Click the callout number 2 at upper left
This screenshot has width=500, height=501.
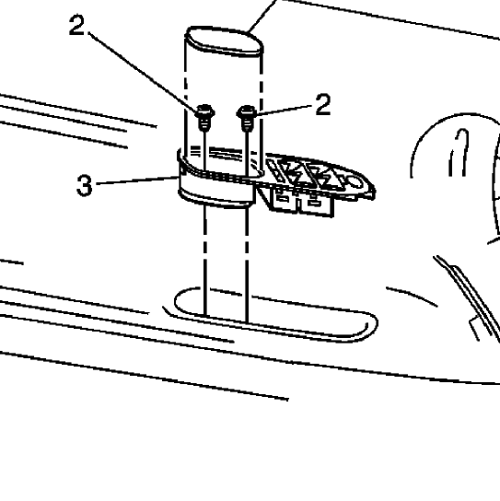pos(77,25)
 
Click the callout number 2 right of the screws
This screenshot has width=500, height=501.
pos(323,104)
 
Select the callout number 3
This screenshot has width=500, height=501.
pos(85,185)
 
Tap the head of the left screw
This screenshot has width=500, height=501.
pos(204,111)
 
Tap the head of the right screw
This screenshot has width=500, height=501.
pos(247,111)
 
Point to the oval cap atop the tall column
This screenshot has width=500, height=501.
pos(225,41)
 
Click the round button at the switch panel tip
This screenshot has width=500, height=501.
pos(355,182)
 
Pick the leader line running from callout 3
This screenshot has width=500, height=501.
pos(137,181)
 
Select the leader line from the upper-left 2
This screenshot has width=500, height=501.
pos(143,72)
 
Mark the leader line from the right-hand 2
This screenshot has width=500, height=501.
pos(284,110)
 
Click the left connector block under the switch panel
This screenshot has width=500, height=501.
pos(284,201)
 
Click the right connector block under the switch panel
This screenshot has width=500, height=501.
pos(316,204)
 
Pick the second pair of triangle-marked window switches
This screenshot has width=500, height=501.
pos(321,178)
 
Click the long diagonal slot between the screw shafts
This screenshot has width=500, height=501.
pos(226,152)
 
